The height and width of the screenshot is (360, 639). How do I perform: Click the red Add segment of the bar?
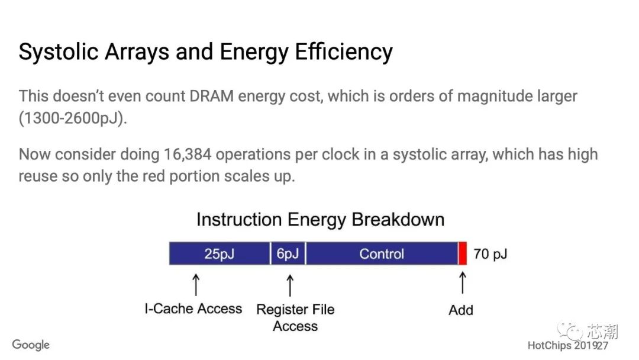click(x=463, y=253)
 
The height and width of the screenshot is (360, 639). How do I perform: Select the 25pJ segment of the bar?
click(x=220, y=253)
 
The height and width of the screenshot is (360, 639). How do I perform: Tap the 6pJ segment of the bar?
click(x=288, y=253)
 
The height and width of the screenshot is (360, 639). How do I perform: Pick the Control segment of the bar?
click(x=382, y=253)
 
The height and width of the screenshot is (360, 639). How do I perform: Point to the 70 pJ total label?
click(x=490, y=254)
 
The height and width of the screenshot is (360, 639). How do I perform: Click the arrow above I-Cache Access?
click(x=196, y=285)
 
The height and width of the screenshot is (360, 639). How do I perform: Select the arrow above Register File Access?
click(x=290, y=285)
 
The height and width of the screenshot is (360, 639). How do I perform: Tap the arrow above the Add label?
click(x=463, y=283)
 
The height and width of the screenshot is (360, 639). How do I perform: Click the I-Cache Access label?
click(x=193, y=308)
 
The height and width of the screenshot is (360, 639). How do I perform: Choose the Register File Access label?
click(x=295, y=317)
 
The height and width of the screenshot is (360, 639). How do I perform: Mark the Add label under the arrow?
click(x=461, y=310)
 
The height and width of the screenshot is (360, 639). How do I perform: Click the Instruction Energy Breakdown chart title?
click(x=320, y=219)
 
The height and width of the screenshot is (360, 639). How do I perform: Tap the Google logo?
click(x=31, y=345)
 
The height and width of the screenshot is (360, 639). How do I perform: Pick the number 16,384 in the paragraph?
click(x=188, y=155)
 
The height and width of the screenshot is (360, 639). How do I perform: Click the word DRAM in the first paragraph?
click(x=211, y=97)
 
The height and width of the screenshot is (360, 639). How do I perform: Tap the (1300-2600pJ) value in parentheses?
click(x=73, y=118)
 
